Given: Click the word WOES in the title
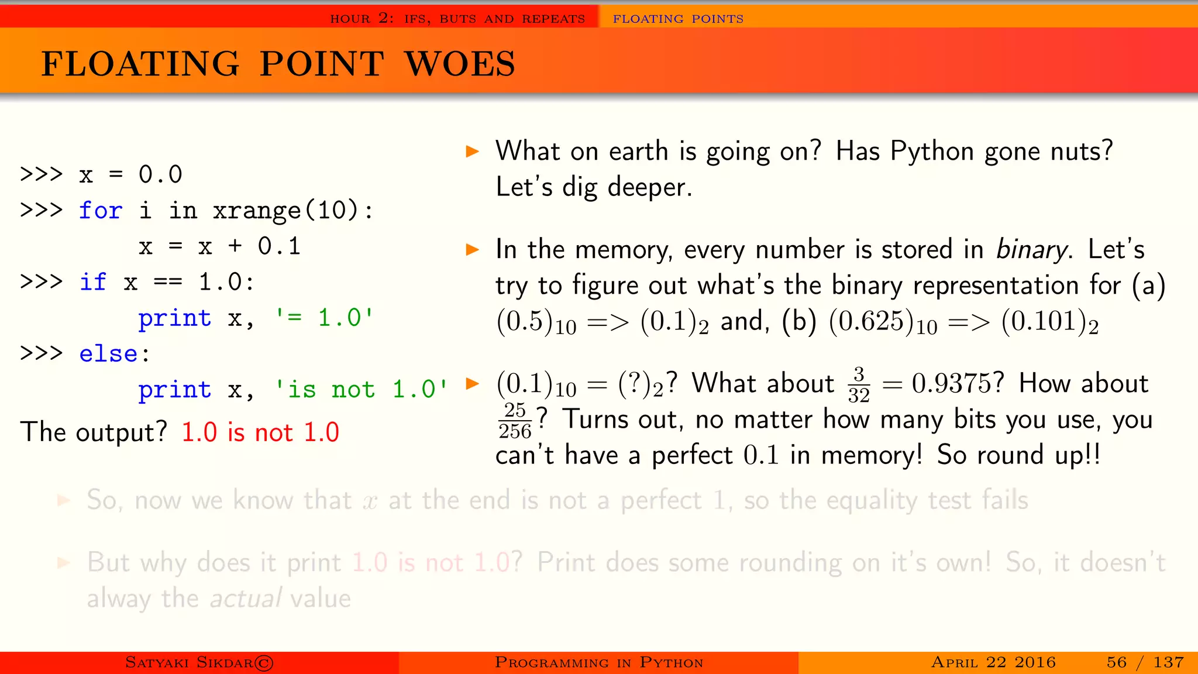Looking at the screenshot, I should (x=460, y=64).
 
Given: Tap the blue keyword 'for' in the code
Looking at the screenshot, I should (x=101, y=211).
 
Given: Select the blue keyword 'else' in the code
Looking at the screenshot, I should (x=108, y=354).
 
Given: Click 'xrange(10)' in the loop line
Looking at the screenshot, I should (x=285, y=211).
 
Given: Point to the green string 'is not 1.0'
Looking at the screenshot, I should (x=361, y=390).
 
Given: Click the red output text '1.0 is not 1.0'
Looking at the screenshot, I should (x=260, y=432).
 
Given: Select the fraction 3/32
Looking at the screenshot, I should (x=858, y=385).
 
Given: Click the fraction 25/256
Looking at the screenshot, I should (x=515, y=421).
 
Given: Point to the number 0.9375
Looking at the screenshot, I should (x=957, y=384).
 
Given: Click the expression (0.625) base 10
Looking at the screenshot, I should (x=883, y=322).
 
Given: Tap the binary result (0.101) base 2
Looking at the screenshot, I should (x=1049, y=322).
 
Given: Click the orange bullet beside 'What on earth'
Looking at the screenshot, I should (x=472, y=152).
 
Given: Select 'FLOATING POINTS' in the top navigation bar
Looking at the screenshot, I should (x=678, y=19).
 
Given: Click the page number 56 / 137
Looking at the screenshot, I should (x=1145, y=662).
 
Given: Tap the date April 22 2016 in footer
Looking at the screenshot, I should (x=993, y=662).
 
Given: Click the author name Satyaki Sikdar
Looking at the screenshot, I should (x=199, y=662).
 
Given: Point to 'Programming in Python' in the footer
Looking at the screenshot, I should (x=598, y=662).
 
